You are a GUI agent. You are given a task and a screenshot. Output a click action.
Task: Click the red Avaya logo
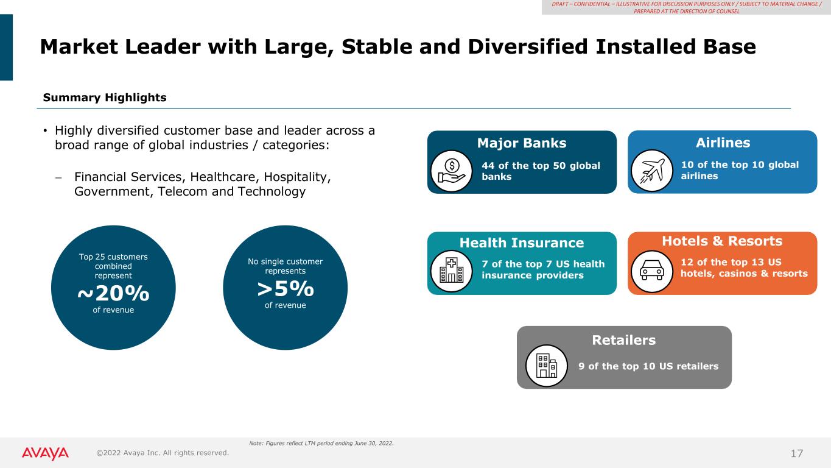point(45,453)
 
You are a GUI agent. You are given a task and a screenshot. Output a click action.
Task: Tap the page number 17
point(797,453)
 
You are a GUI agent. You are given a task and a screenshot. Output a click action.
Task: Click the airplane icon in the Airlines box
point(652,171)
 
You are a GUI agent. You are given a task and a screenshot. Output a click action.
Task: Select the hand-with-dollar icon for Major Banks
point(452,171)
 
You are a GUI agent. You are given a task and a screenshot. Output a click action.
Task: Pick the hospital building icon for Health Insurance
point(452,271)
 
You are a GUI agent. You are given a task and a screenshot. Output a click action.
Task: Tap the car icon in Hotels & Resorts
point(652,271)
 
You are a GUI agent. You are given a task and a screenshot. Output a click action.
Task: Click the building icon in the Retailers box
point(547,366)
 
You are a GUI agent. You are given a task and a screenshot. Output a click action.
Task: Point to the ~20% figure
point(113,294)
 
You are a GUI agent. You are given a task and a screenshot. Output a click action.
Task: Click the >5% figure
point(286,289)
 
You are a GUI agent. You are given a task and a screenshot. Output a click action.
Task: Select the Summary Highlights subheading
point(105,97)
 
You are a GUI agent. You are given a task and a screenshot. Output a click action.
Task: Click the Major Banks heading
point(522,143)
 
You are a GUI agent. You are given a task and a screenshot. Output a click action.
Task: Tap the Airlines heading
point(723,143)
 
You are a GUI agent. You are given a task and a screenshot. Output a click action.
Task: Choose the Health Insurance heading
point(522,243)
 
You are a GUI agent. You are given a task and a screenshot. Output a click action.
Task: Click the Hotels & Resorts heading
point(722,241)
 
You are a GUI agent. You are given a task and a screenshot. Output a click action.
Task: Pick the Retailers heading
point(624,340)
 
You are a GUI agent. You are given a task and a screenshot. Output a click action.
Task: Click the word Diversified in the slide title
point(528,46)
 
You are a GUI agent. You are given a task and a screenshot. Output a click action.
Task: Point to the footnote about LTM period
point(321,443)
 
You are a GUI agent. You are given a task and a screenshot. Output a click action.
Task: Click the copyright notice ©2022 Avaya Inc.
point(163,453)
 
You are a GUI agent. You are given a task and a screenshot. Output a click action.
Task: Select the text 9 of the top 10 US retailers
point(648,367)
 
